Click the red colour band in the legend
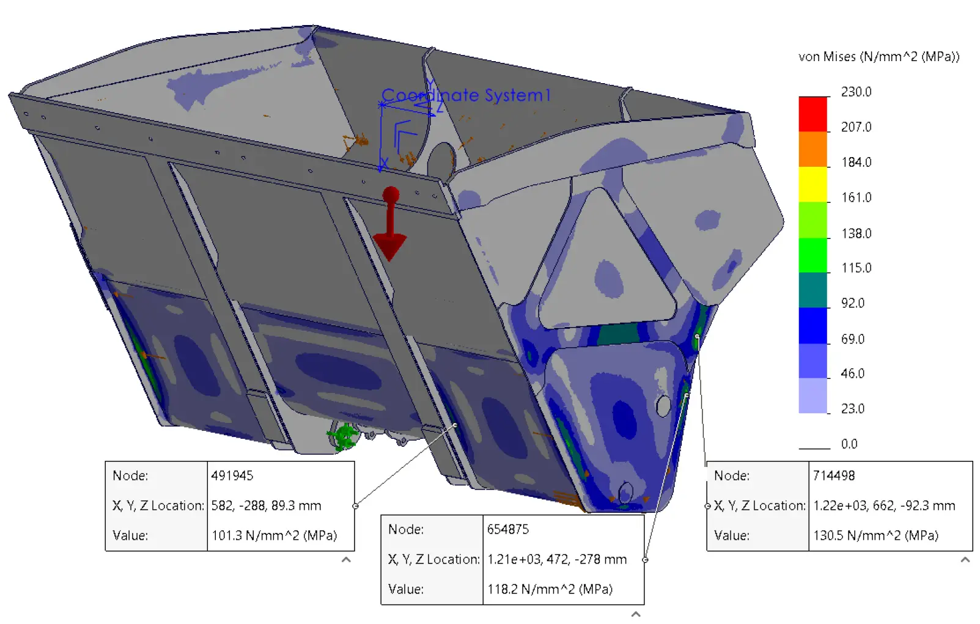[x=812, y=114]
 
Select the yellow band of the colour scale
[x=812, y=184]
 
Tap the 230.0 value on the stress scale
[x=856, y=92]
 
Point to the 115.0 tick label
[x=856, y=268]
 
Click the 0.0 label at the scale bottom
[x=849, y=444]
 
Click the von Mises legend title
[x=879, y=57]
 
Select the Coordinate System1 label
[x=466, y=95]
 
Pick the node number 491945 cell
[x=232, y=475]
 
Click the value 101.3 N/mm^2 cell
[x=274, y=535]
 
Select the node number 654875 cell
[x=507, y=529]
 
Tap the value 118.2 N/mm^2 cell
[x=550, y=589]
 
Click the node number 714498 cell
[x=833, y=475]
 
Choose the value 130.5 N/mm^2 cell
[x=875, y=535]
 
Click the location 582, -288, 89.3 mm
[x=266, y=505]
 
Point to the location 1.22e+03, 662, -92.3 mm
[x=883, y=505]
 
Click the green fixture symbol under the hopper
[x=344, y=436]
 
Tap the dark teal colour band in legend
[x=812, y=290]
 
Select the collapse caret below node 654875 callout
[x=636, y=614]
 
